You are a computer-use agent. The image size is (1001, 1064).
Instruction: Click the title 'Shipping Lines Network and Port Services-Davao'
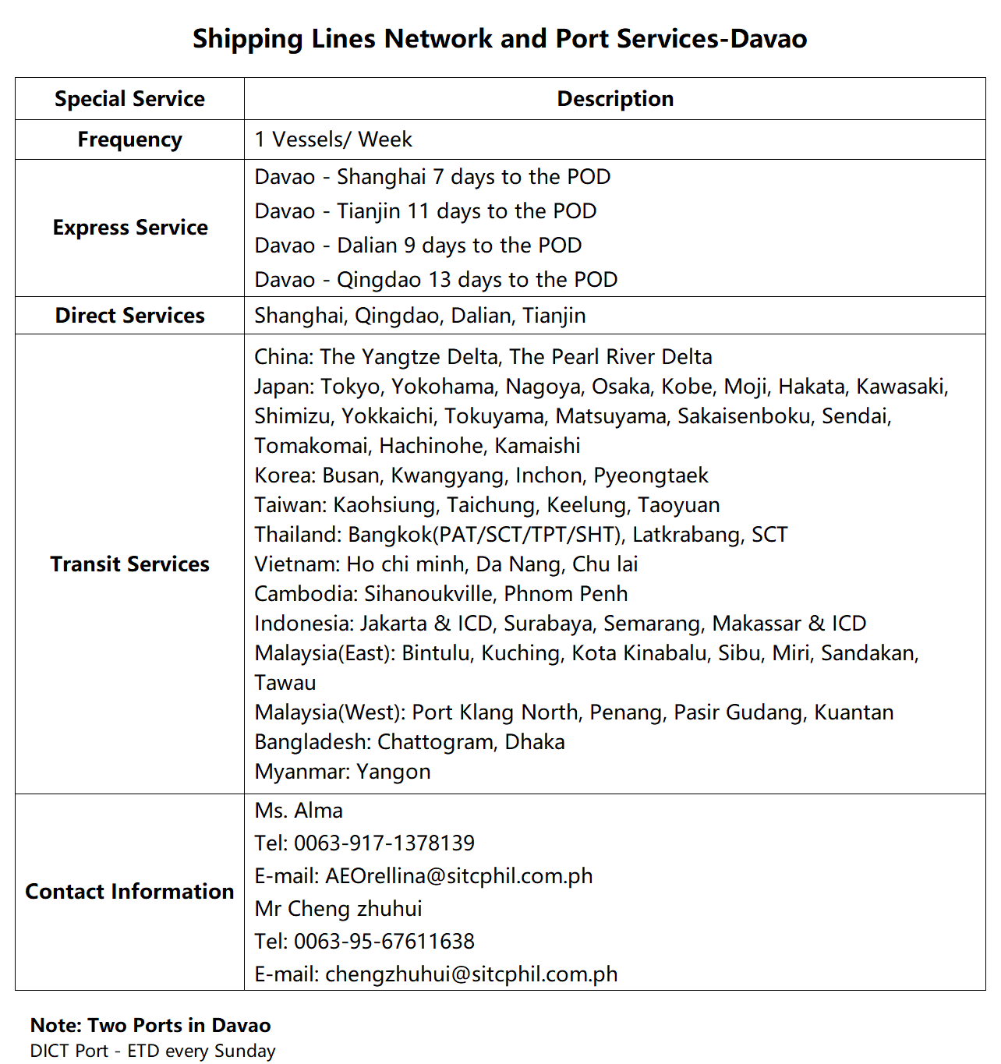pyautogui.click(x=500, y=38)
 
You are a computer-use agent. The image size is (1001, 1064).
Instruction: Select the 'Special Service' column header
pyautogui.click(x=129, y=99)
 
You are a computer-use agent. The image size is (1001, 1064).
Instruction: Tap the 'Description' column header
pyautogui.click(x=615, y=99)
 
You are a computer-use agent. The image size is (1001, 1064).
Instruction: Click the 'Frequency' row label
pyautogui.click(x=129, y=140)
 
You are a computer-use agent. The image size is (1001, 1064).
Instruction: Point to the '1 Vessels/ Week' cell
pyautogui.click(x=334, y=140)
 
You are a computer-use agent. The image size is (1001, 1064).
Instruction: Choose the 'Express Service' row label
pyautogui.click(x=130, y=228)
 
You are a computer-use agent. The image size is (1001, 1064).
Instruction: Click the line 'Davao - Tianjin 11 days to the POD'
pyautogui.click(x=426, y=211)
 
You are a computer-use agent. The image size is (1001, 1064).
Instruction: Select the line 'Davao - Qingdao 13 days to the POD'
pyautogui.click(x=436, y=280)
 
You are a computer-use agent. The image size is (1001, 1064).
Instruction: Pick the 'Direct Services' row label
pyautogui.click(x=129, y=316)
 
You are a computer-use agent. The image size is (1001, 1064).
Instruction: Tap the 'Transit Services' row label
pyautogui.click(x=129, y=564)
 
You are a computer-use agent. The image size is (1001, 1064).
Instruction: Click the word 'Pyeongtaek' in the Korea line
pyautogui.click(x=651, y=475)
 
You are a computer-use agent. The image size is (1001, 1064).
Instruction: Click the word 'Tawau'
pyautogui.click(x=285, y=683)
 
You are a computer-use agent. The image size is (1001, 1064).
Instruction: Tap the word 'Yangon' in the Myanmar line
pyautogui.click(x=393, y=772)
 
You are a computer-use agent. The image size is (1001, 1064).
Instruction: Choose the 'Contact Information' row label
pyautogui.click(x=129, y=892)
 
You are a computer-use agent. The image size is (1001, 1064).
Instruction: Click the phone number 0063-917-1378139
pyautogui.click(x=384, y=843)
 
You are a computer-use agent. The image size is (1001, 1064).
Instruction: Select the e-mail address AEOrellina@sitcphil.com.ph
pyautogui.click(x=458, y=876)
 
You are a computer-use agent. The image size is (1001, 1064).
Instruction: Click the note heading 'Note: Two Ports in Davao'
pyautogui.click(x=150, y=1025)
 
